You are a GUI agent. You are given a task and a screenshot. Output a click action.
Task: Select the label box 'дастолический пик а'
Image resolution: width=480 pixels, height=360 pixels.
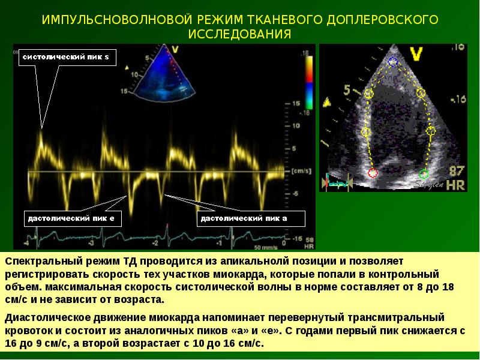[x=243, y=218]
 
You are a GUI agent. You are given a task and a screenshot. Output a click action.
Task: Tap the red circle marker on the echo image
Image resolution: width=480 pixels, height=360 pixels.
[x=373, y=173]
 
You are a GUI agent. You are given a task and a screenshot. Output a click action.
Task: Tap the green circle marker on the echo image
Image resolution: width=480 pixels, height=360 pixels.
[x=424, y=174]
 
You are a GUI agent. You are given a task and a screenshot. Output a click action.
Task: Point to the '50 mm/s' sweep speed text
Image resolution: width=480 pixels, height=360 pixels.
[x=266, y=247]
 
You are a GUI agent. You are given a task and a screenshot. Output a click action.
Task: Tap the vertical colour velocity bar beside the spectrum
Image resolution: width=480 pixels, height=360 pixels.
[x=308, y=84]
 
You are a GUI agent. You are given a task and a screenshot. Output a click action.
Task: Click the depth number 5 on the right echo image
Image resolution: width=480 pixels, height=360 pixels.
[x=347, y=91]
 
